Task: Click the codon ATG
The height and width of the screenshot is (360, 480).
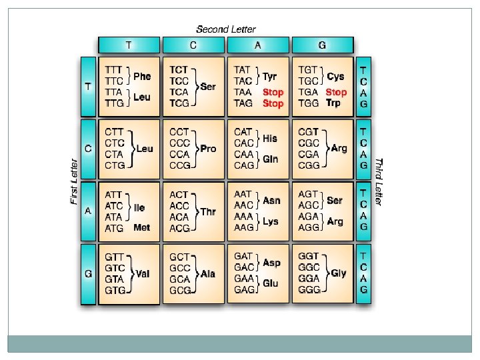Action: coord(114,228)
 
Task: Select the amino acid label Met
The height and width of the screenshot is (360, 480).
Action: coord(141,228)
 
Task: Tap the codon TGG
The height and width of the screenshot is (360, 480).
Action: coord(307,103)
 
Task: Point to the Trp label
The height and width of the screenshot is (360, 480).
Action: coord(333,103)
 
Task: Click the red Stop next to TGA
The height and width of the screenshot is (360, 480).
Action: coord(336,92)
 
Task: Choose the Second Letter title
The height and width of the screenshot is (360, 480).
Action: coord(225,29)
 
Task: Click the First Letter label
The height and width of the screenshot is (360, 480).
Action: coord(74,181)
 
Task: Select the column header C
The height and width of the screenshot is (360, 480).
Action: coord(193,45)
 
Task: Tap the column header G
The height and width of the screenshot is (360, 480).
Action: coord(322,45)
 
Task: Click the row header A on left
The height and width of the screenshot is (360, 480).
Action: coord(88,211)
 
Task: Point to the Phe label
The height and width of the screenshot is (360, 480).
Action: coord(142,76)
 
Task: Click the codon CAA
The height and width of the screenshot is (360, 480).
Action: coord(243,154)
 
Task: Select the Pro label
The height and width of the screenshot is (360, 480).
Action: coord(208,149)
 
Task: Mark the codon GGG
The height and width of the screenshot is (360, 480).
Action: coord(309,291)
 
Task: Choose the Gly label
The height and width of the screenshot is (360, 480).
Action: coord(339,273)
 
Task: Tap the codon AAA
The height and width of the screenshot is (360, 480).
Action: coord(243,217)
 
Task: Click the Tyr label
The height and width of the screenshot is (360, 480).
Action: coord(270,76)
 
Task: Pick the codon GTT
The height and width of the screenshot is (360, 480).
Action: coord(114,257)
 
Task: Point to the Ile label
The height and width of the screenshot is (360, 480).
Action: coord(139,208)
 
